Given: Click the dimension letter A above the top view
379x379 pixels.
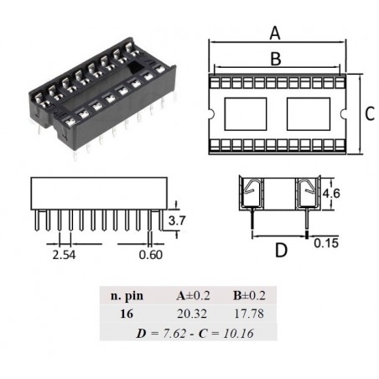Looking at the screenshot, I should [x=274, y=34].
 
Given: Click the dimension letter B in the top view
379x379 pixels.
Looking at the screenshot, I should [x=274, y=59].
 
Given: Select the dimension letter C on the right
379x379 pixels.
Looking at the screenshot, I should [x=370, y=115].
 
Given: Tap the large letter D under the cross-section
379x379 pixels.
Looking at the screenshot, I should [x=281, y=250].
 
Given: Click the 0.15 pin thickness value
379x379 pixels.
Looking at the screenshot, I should [x=326, y=244].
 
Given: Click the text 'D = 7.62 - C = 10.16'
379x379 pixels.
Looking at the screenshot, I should [x=189, y=332].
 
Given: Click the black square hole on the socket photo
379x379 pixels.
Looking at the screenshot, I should [x=134, y=63].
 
